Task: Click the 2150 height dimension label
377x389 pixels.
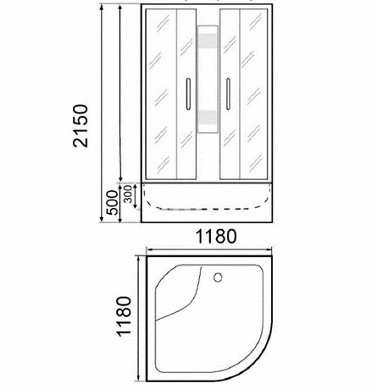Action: [x=80, y=126]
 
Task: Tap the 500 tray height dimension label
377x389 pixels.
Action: [x=112, y=203]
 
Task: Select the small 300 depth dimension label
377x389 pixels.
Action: [x=128, y=194]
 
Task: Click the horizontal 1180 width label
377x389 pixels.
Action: [x=216, y=236]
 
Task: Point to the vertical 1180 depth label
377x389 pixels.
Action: [x=125, y=316]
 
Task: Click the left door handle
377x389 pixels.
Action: [x=188, y=94]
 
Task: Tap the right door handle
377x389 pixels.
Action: [x=228, y=94]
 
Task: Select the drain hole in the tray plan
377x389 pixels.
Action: [x=218, y=277]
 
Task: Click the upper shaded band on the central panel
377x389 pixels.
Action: [x=208, y=41]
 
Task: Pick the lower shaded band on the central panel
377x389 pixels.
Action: [x=208, y=118]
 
